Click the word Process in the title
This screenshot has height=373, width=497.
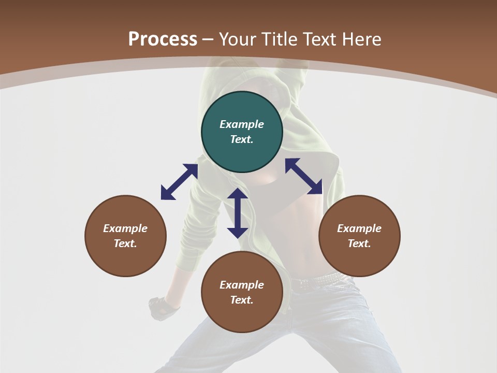[163, 39]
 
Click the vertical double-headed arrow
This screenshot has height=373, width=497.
[238, 213]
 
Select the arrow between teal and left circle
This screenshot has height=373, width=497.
[179, 182]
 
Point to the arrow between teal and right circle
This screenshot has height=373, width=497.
[304, 176]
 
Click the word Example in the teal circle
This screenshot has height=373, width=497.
[242, 124]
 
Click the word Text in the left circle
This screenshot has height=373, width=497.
[125, 243]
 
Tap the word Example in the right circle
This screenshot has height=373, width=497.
[359, 228]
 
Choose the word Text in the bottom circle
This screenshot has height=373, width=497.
[242, 300]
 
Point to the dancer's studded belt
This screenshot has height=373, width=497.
[316, 280]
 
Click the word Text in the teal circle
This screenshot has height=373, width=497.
[242, 139]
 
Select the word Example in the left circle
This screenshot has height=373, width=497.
[125, 228]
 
